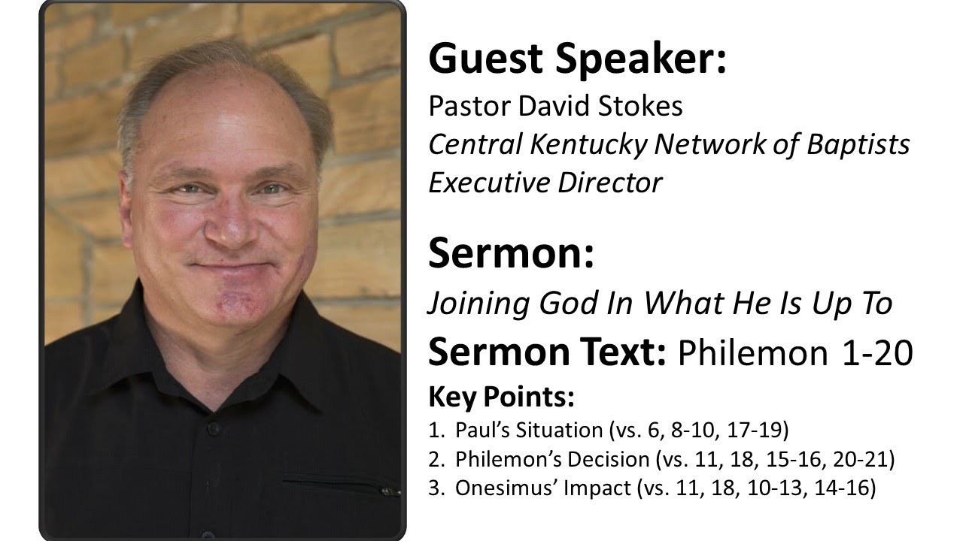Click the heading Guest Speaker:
point(577,60)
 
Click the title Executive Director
point(545,183)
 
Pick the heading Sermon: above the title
point(511,254)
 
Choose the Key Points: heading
point(501,397)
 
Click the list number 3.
point(434,488)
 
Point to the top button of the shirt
point(213,428)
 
